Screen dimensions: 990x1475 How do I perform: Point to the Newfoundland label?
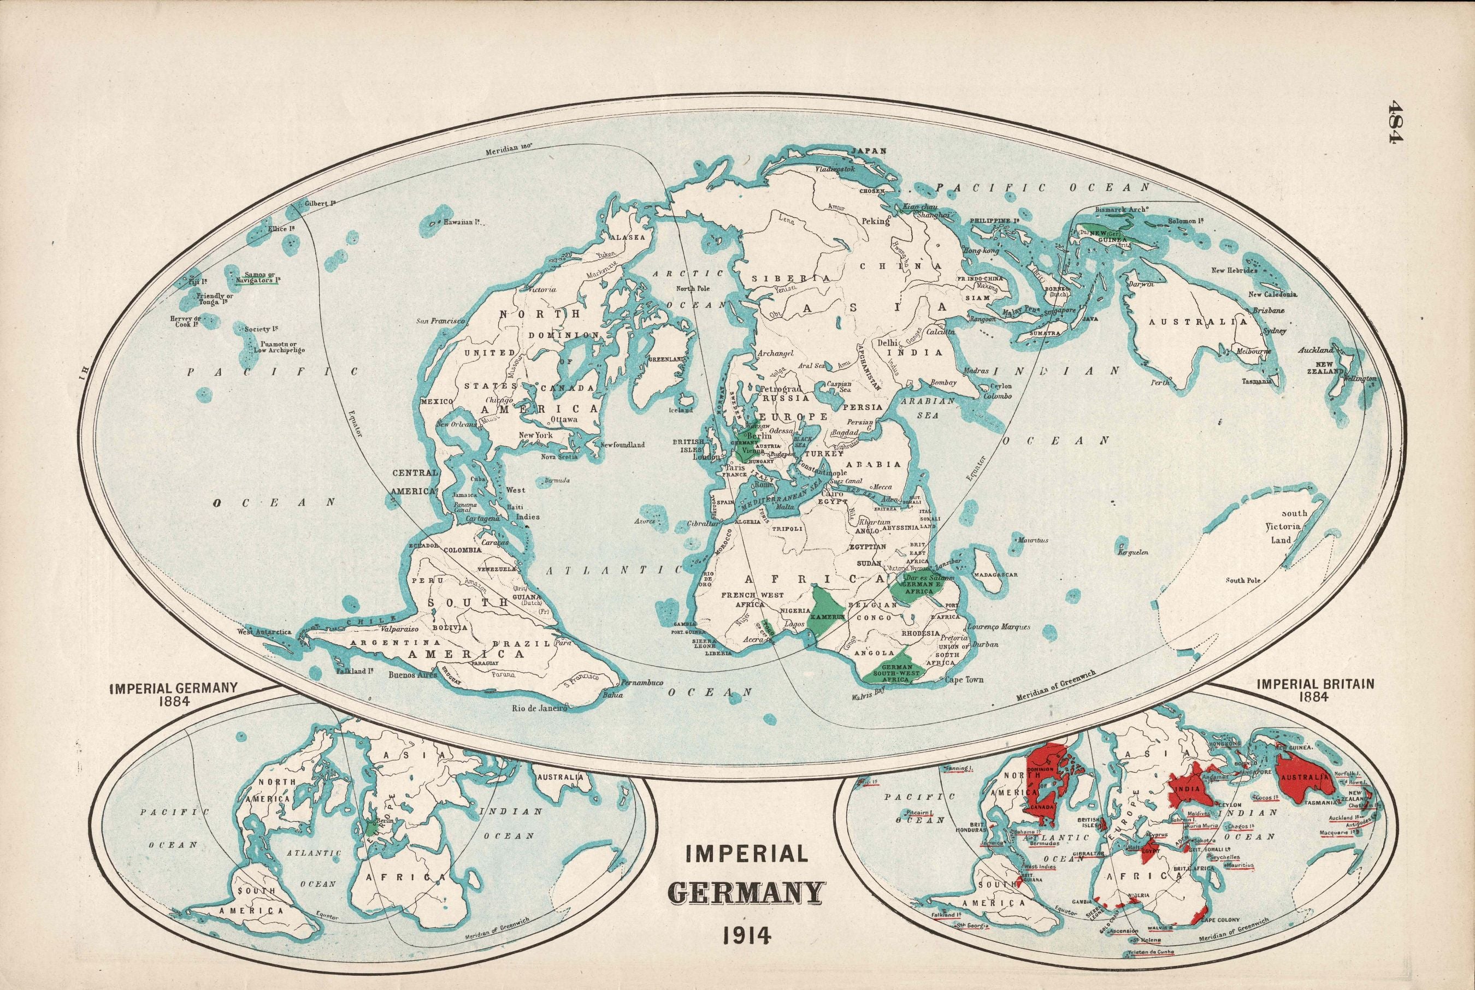click(622, 444)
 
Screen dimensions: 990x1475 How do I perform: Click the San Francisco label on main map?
click(440, 322)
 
